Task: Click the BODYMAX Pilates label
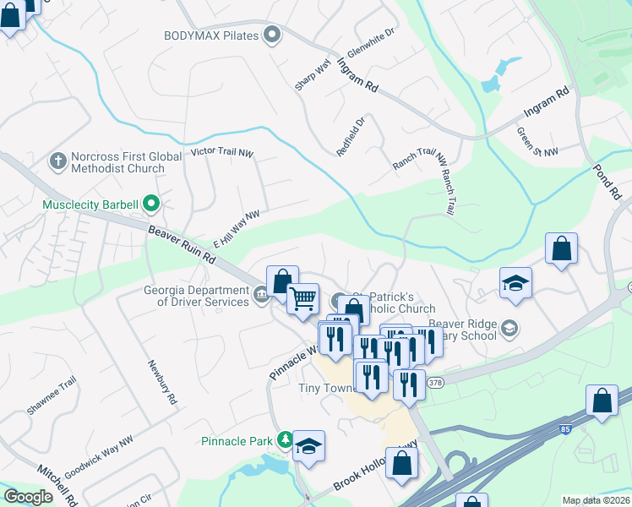(211, 35)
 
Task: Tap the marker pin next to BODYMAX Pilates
(271, 35)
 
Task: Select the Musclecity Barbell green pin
(151, 204)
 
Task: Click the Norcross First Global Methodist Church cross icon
(58, 161)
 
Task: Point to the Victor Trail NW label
(221, 153)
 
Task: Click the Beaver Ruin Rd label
(182, 243)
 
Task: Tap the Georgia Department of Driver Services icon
(261, 294)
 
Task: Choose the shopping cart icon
(302, 298)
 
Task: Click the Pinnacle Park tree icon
(286, 439)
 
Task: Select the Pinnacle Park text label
(237, 440)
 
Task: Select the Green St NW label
(538, 141)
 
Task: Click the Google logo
(29, 497)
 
